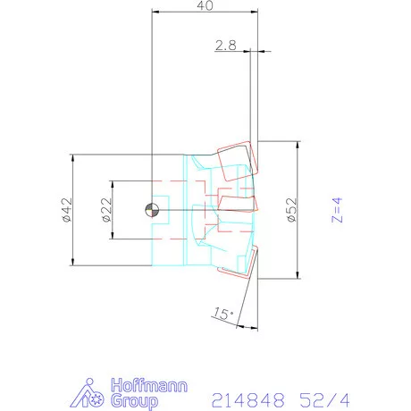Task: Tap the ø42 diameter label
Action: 65,210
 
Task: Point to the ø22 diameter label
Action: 105,210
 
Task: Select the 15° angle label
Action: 223,313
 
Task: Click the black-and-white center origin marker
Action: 153,210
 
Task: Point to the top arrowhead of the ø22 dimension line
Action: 113,184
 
